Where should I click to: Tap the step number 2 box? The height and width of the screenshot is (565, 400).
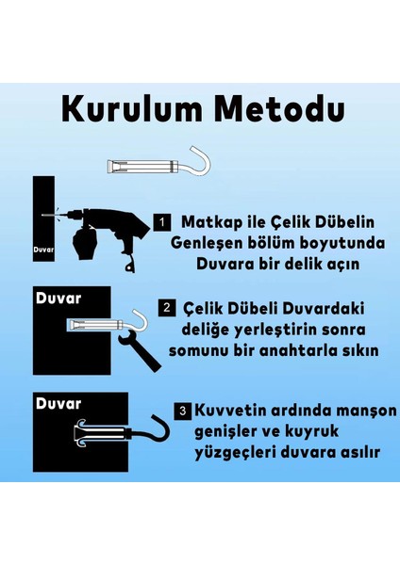click(x=166, y=307)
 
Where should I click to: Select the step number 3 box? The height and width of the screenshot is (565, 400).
click(x=182, y=411)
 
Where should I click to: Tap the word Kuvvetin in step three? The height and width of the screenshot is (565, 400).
click(x=234, y=412)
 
